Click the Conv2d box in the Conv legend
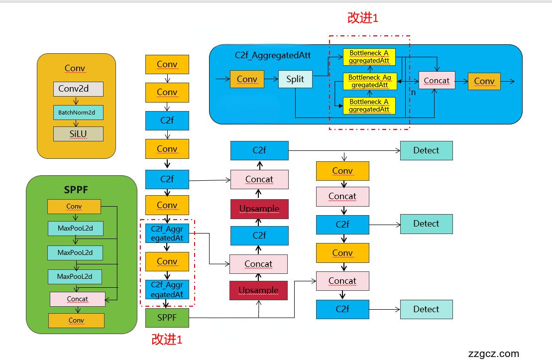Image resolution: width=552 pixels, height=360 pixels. pyautogui.click(x=78, y=89)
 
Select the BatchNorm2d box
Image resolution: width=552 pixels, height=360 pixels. pyautogui.click(x=78, y=113)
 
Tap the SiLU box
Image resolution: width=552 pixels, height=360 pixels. pyautogui.click(x=78, y=134)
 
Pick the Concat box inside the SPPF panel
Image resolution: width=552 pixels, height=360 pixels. pyautogui.click(x=77, y=299)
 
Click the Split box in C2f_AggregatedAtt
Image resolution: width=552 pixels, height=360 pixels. pyautogui.click(x=295, y=79)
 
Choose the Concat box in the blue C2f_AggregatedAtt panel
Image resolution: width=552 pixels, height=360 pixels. pyautogui.click(x=437, y=81)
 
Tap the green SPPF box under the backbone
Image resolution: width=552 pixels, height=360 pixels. pyautogui.click(x=167, y=317)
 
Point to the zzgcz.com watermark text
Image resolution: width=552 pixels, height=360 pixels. pyautogui.click(x=494, y=354)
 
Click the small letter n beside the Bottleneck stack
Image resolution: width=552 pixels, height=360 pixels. pyautogui.click(x=413, y=93)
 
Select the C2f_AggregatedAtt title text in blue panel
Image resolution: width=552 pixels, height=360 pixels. pyautogui.click(x=273, y=55)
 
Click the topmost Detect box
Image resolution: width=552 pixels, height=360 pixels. pyautogui.click(x=426, y=150)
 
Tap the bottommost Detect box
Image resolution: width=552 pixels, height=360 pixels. pyautogui.click(x=426, y=309)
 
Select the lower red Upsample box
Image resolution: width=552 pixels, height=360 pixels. pyautogui.click(x=258, y=290)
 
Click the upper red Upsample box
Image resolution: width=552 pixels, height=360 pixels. pyautogui.click(x=259, y=209)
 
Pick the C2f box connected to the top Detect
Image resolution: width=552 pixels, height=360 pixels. pyautogui.click(x=259, y=150)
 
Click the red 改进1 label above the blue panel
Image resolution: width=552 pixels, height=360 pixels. pyautogui.click(x=363, y=18)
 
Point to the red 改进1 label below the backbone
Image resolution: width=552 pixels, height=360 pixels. pyautogui.click(x=167, y=340)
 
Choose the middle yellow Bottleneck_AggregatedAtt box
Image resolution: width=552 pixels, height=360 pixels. pyautogui.click(x=369, y=81)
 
